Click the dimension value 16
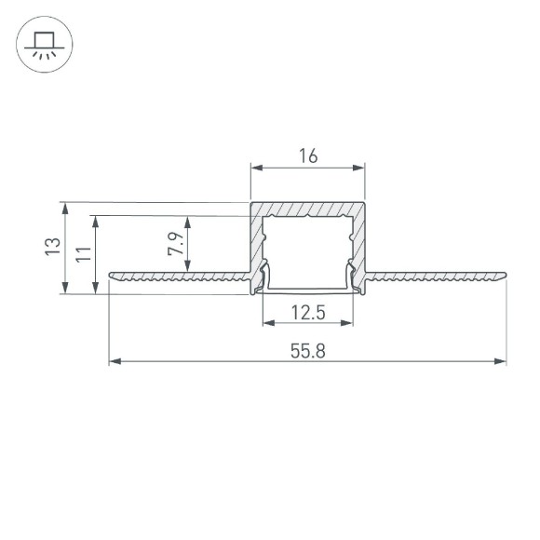point(307,156)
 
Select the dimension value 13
point(54,247)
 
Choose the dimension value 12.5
point(307,313)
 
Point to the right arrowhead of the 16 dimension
point(359,169)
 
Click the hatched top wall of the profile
point(307,209)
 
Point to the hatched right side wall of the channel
point(360,242)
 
